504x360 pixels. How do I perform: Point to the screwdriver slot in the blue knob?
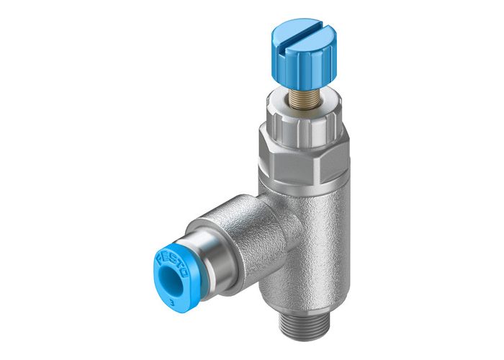[x=298, y=35]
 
